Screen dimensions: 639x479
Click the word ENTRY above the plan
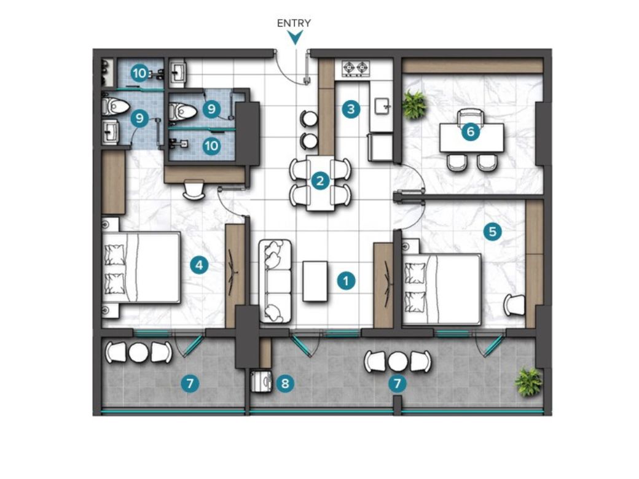pyautogui.click(x=294, y=23)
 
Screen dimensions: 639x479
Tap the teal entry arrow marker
pyautogui.click(x=295, y=38)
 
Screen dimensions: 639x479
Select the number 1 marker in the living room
pyautogui.click(x=346, y=281)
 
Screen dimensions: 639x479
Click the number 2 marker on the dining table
pyautogui.click(x=320, y=181)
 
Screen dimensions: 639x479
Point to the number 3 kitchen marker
pyautogui.click(x=351, y=109)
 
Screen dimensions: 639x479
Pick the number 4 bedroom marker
pyautogui.click(x=199, y=265)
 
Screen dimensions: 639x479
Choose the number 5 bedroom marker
pyautogui.click(x=492, y=232)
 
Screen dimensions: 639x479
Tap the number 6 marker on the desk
pyautogui.click(x=470, y=131)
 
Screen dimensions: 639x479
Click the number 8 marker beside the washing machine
pyautogui.click(x=285, y=383)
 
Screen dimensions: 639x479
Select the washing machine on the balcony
pyautogui.click(x=261, y=381)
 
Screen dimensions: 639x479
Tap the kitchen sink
pyautogui.click(x=383, y=107)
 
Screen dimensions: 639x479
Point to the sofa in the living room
pyautogui.click(x=275, y=281)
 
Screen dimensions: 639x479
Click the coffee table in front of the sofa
pyautogui.click(x=315, y=281)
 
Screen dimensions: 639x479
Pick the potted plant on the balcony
pyautogui.click(x=528, y=381)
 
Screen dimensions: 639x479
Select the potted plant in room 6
pyautogui.click(x=415, y=104)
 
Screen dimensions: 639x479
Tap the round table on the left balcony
pyautogui.click(x=139, y=352)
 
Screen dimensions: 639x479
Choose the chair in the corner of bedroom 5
pyautogui.click(x=514, y=305)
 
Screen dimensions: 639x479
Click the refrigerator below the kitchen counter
pyautogui.click(x=380, y=147)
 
